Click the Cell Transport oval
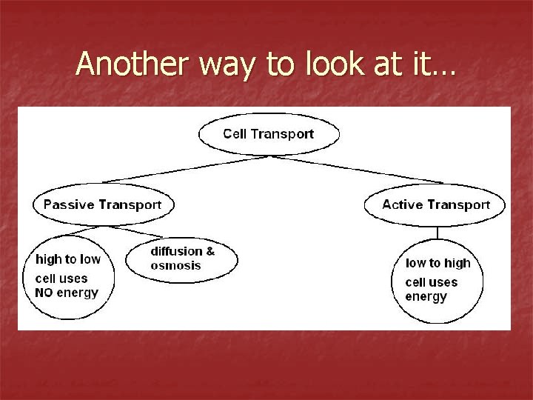click(x=269, y=134)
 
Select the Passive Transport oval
click(x=103, y=204)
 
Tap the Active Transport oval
click(x=435, y=204)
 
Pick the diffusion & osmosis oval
click(x=182, y=259)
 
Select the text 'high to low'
click(x=68, y=259)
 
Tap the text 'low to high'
click(x=438, y=263)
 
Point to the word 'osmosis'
click(x=175, y=265)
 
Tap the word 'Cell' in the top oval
click(x=235, y=134)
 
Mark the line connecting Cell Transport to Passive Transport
click(x=185, y=169)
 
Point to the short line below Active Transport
click(x=438, y=233)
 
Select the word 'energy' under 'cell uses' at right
click(x=426, y=297)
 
